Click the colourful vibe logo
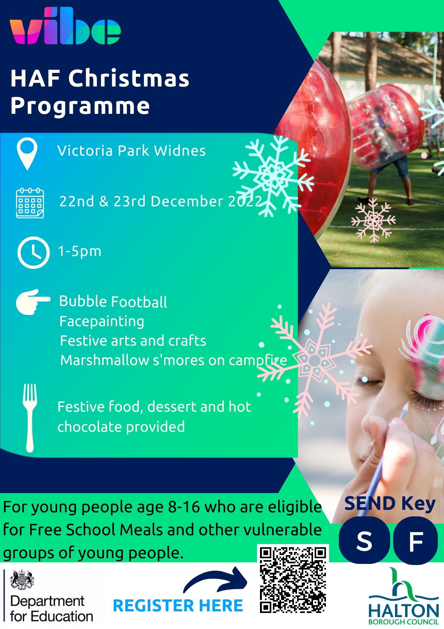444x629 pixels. [x=65, y=26]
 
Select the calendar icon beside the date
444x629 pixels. [x=30, y=203]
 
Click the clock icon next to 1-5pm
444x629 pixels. [x=33, y=252]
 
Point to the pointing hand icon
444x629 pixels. [x=33, y=302]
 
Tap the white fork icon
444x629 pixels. [x=30, y=418]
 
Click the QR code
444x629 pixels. [x=293, y=580]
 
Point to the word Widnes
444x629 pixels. [x=180, y=151]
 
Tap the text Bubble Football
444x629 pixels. [x=113, y=302]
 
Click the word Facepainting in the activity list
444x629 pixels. [x=102, y=322]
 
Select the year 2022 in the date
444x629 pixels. [x=245, y=201]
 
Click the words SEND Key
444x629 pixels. [x=390, y=504]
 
